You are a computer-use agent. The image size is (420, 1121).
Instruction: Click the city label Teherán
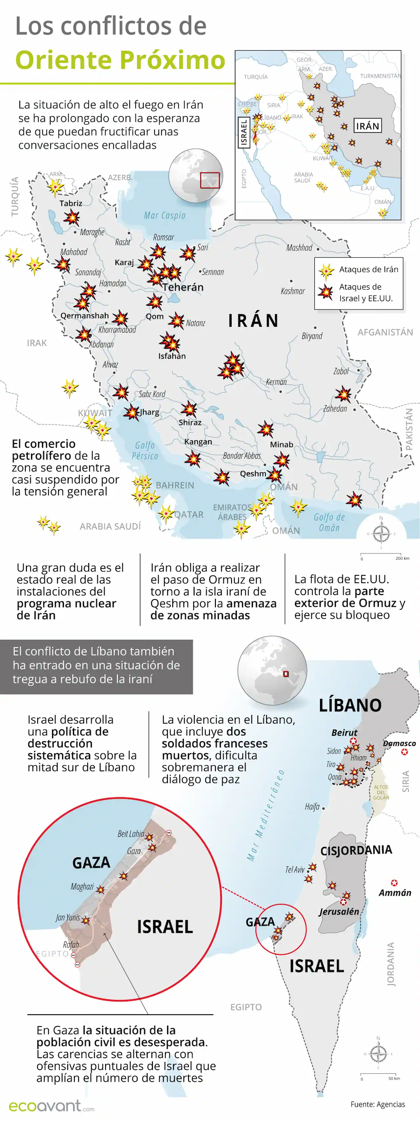point(183,287)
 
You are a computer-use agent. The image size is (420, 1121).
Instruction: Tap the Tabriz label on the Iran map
point(71,203)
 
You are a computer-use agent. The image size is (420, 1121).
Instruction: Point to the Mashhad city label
point(299,248)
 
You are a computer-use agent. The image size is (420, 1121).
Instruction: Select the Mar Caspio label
point(164,215)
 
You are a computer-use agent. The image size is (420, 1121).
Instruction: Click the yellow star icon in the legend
point(326,271)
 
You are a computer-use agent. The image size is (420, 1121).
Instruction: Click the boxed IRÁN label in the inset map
point(367,126)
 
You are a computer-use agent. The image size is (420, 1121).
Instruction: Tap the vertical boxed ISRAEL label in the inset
point(244,133)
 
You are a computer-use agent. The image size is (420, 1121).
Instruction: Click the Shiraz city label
point(190,422)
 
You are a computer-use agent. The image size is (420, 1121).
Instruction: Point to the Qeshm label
point(253,474)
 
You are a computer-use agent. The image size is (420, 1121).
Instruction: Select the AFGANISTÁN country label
point(385,332)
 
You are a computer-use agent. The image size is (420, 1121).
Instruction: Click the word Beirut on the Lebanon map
point(344,733)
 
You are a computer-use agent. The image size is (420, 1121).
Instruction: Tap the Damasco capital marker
point(404,752)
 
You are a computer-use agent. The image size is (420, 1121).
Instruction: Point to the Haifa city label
point(312,807)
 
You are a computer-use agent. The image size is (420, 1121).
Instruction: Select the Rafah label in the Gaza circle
point(71,945)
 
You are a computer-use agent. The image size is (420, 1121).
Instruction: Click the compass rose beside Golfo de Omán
point(381,533)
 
